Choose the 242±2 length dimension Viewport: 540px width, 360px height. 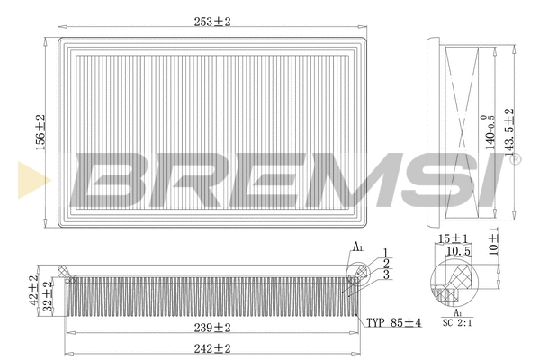pyautogui.click(x=212, y=347)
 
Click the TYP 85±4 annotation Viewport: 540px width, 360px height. pyautogui.click(x=393, y=322)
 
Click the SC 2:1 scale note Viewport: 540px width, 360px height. pyautogui.click(x=456, y=320)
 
